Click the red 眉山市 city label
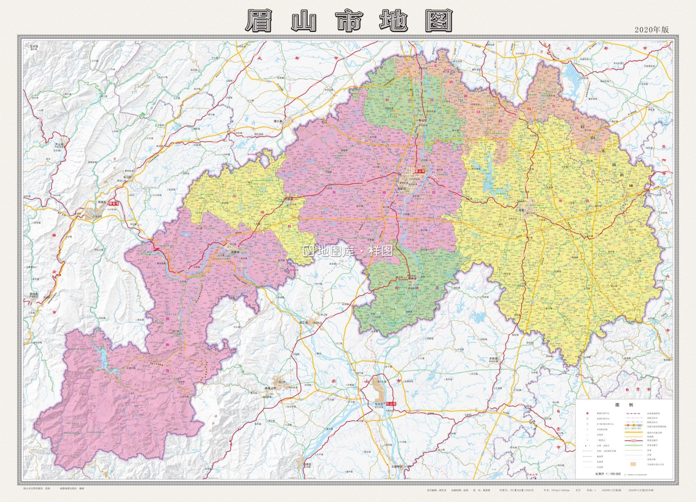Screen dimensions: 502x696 coord(419,171)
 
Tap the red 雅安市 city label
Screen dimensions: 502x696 coord(114,203)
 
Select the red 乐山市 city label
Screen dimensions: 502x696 coord(391,404)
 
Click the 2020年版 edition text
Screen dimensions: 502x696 coord(652,29)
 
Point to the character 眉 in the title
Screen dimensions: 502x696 coord(259,21)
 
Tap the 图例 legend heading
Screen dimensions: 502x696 coord(624,405)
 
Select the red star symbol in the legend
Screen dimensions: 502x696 coord(587,413)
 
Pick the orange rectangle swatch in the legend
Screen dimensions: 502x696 coord(633,464)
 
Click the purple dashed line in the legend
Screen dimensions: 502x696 coord(633,413)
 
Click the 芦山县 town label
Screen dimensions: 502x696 coord(59,144)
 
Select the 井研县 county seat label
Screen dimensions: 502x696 coord(493,359)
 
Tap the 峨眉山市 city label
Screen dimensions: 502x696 coord(270,388)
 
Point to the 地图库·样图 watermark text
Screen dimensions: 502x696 coord(348,251)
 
